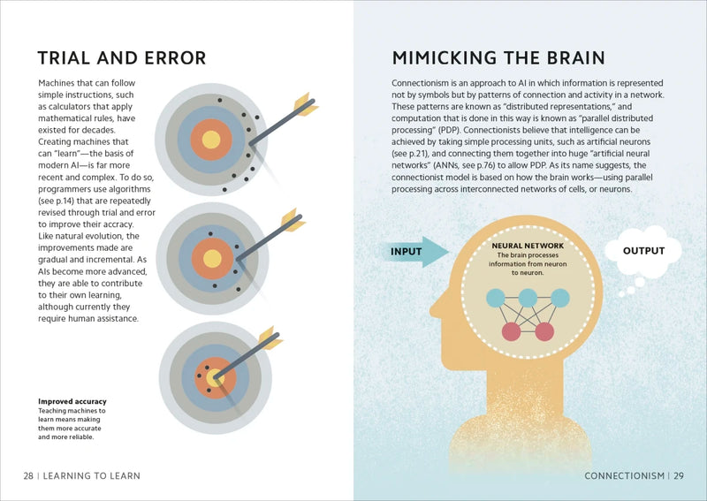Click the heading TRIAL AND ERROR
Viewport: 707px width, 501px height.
coord(121,58)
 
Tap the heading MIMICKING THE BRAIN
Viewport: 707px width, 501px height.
coord(498,58)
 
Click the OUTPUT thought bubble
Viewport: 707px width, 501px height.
coord(643,251)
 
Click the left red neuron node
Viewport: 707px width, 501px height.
coord(511,332)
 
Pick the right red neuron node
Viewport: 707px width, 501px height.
coord(544,332)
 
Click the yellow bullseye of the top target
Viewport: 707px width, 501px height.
coord(210,140)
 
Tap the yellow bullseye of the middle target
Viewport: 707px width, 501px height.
coord(212,259)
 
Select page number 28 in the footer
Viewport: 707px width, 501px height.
coord(29,475)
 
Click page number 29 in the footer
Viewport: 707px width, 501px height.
coord(678,475)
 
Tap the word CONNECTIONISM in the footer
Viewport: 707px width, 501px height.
coord(624,475)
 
